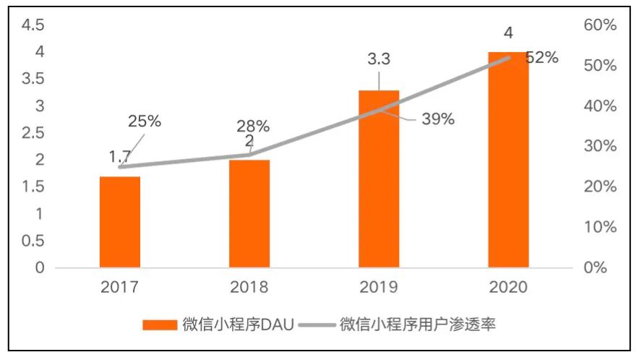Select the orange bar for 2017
120,222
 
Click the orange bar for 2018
249,213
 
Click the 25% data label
145,121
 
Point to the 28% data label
253,126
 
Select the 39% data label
438,119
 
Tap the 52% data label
541,58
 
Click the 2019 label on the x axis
379,287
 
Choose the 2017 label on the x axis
120,287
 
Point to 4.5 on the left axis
34,25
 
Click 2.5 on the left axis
34,133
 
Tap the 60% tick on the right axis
599,25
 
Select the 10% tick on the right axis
599,227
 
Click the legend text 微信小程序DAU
238,324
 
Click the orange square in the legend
159,324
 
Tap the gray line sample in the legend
317,324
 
